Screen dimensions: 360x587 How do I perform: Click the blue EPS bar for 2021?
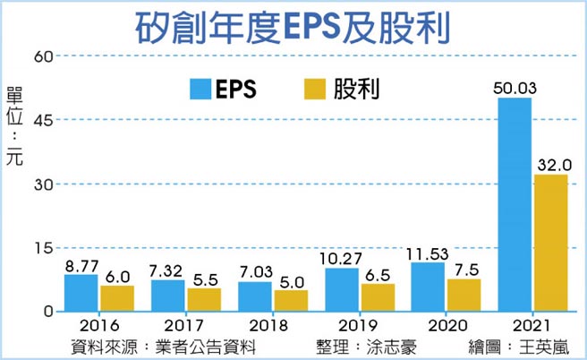point(514,204)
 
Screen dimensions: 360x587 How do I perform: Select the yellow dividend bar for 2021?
point(549,243)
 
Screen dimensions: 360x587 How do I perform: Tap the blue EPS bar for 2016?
point(81,293)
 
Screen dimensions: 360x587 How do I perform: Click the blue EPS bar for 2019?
point(341,289)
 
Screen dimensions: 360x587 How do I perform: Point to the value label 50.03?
point(514,87)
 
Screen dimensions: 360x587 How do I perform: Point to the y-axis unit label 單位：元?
point(15,125)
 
